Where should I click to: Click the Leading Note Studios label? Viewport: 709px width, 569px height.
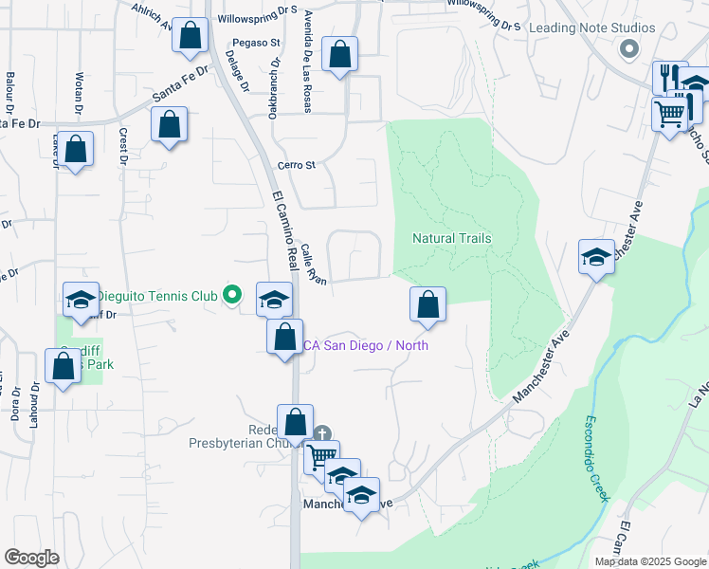pos(591,28)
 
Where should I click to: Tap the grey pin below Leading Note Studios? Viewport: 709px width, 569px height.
pos(626,48)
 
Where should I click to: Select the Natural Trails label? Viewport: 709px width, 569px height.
pos(452,238)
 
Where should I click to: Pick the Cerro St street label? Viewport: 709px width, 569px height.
pos(296,166)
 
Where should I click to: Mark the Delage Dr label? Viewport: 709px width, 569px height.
pos(237,72)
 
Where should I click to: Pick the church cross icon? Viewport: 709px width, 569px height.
pos(322,433)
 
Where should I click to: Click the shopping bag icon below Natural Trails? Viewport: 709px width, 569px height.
pos(428,304)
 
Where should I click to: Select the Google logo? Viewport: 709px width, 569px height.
pos(32,558)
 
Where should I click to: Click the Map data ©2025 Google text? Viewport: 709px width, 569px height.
pos(649,561)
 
